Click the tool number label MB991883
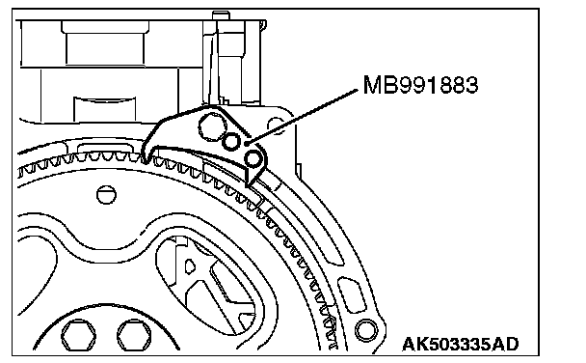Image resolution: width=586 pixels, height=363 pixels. pos(420,85)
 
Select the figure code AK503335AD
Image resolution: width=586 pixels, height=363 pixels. pos(461,344)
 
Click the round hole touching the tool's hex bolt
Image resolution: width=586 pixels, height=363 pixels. pos(231,142)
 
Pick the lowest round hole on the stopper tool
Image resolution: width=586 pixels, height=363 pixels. pos(253,158)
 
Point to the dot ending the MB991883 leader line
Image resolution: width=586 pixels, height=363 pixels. pos(247,143)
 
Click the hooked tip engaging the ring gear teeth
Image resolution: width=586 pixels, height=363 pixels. pos(146,157)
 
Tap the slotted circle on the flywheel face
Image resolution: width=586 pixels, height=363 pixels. pos(106,195)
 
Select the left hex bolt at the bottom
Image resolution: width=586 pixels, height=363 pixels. pos(78,335)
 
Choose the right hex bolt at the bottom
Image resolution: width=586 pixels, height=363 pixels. pos(135,335)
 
